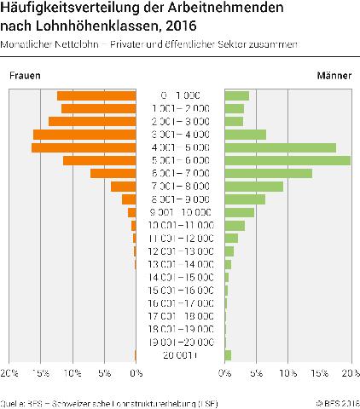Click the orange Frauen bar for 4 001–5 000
pos(84,147)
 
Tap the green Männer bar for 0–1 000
pos(236,95)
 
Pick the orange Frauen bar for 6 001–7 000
pos(113,173)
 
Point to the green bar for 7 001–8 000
pos(253,186)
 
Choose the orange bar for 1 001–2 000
pos(99,108)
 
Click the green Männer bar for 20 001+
pos(228,354)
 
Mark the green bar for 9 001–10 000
pos(239,212)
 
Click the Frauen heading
pos(26,76)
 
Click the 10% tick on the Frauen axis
pos(73,373)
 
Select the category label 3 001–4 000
pos(180,135)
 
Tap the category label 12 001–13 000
pos(180,251)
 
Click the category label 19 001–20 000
pos(180,342)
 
